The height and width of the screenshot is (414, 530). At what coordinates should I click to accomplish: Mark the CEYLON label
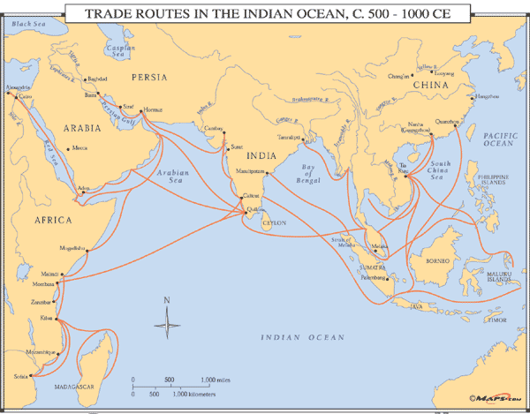[x=274, y=223]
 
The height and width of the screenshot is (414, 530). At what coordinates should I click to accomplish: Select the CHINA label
[x=432, y=87]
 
